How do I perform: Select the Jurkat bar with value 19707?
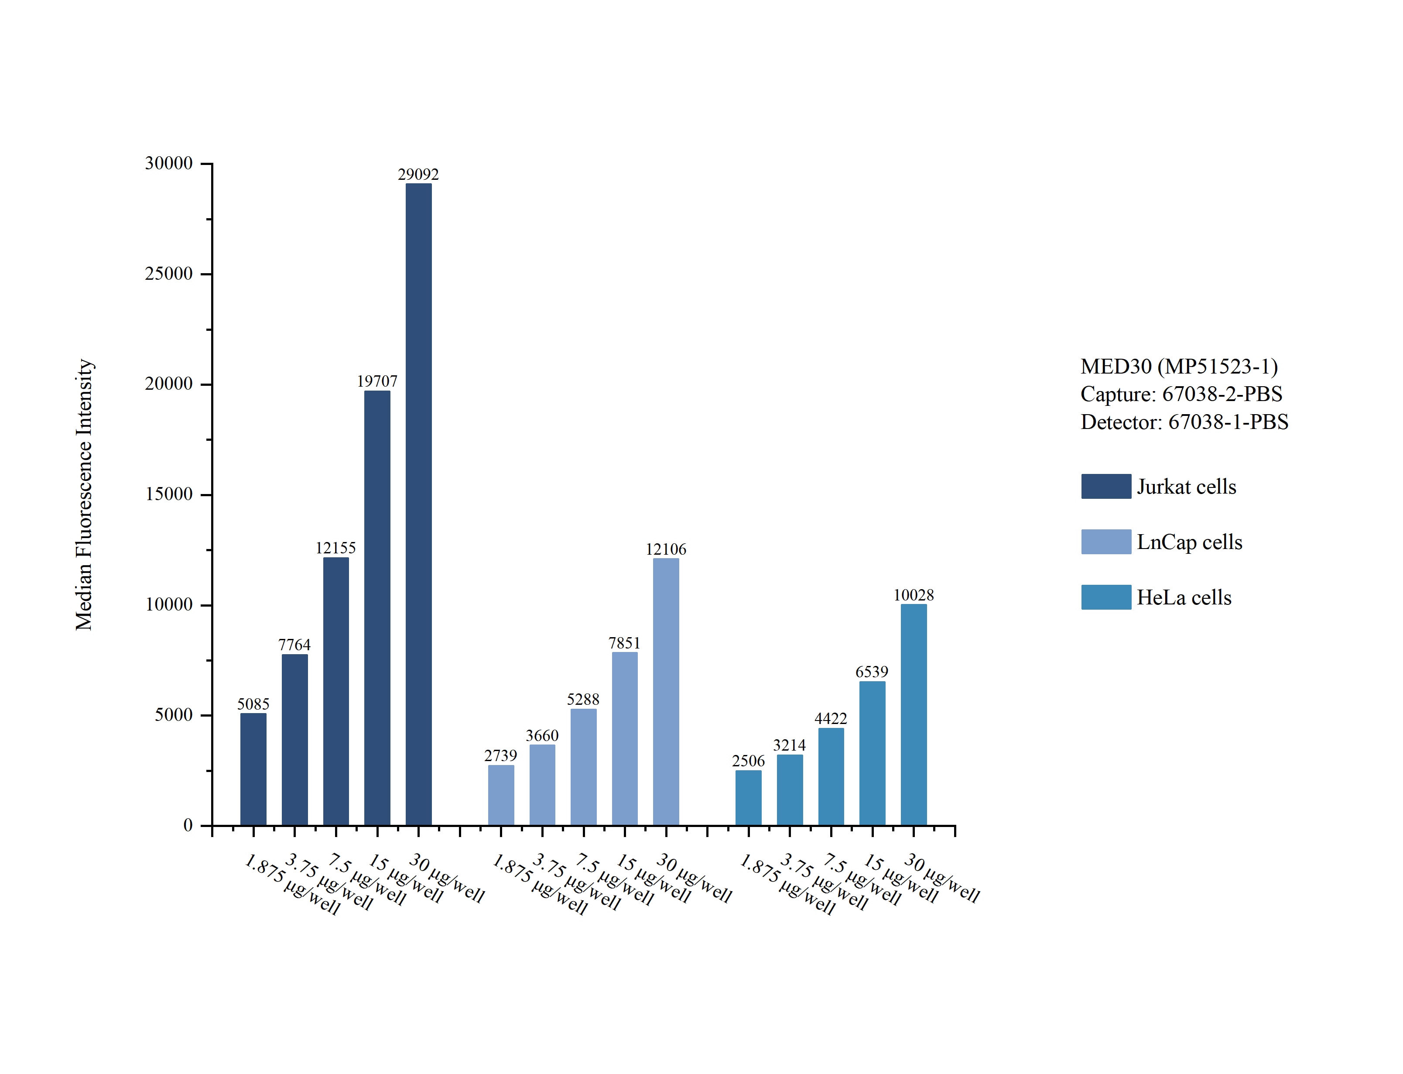[x=377, y=607]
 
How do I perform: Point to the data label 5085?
[x=253, y=704]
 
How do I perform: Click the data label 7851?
[x=624, y=642]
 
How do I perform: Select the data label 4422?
[x=831, y=719]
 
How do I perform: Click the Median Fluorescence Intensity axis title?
[x=84, y=494]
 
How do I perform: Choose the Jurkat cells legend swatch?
[x=1106, y=487]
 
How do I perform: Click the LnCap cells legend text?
[x=1189, y=542]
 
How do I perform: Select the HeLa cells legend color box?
[x=1106, y=597]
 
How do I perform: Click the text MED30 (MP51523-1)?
[x=1179, y=366]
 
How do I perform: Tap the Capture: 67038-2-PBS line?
[x=1181, y=394]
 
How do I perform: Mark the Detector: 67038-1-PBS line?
[x=1184, y=422]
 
